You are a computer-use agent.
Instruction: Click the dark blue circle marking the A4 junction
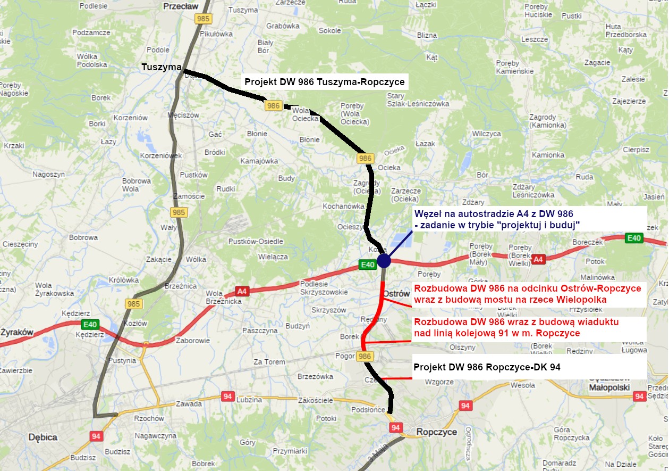384,261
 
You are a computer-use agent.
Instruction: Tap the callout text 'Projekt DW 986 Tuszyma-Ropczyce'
324,82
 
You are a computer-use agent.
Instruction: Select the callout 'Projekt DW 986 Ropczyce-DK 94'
487,367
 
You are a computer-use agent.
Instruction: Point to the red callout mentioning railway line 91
516,328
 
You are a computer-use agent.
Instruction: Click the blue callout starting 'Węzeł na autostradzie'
496,218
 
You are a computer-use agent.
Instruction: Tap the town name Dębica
43,437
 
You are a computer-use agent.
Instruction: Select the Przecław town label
180,6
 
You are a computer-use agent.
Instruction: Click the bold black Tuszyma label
162,67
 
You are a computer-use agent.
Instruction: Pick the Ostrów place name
396,294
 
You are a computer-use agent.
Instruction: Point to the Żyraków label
16,333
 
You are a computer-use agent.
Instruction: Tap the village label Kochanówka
343,206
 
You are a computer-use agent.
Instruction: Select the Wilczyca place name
486,134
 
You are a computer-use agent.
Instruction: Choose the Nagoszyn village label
48,174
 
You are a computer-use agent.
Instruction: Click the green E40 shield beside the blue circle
368,265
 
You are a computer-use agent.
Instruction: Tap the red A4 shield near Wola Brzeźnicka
242,291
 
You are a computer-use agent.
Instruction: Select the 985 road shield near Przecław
203,19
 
